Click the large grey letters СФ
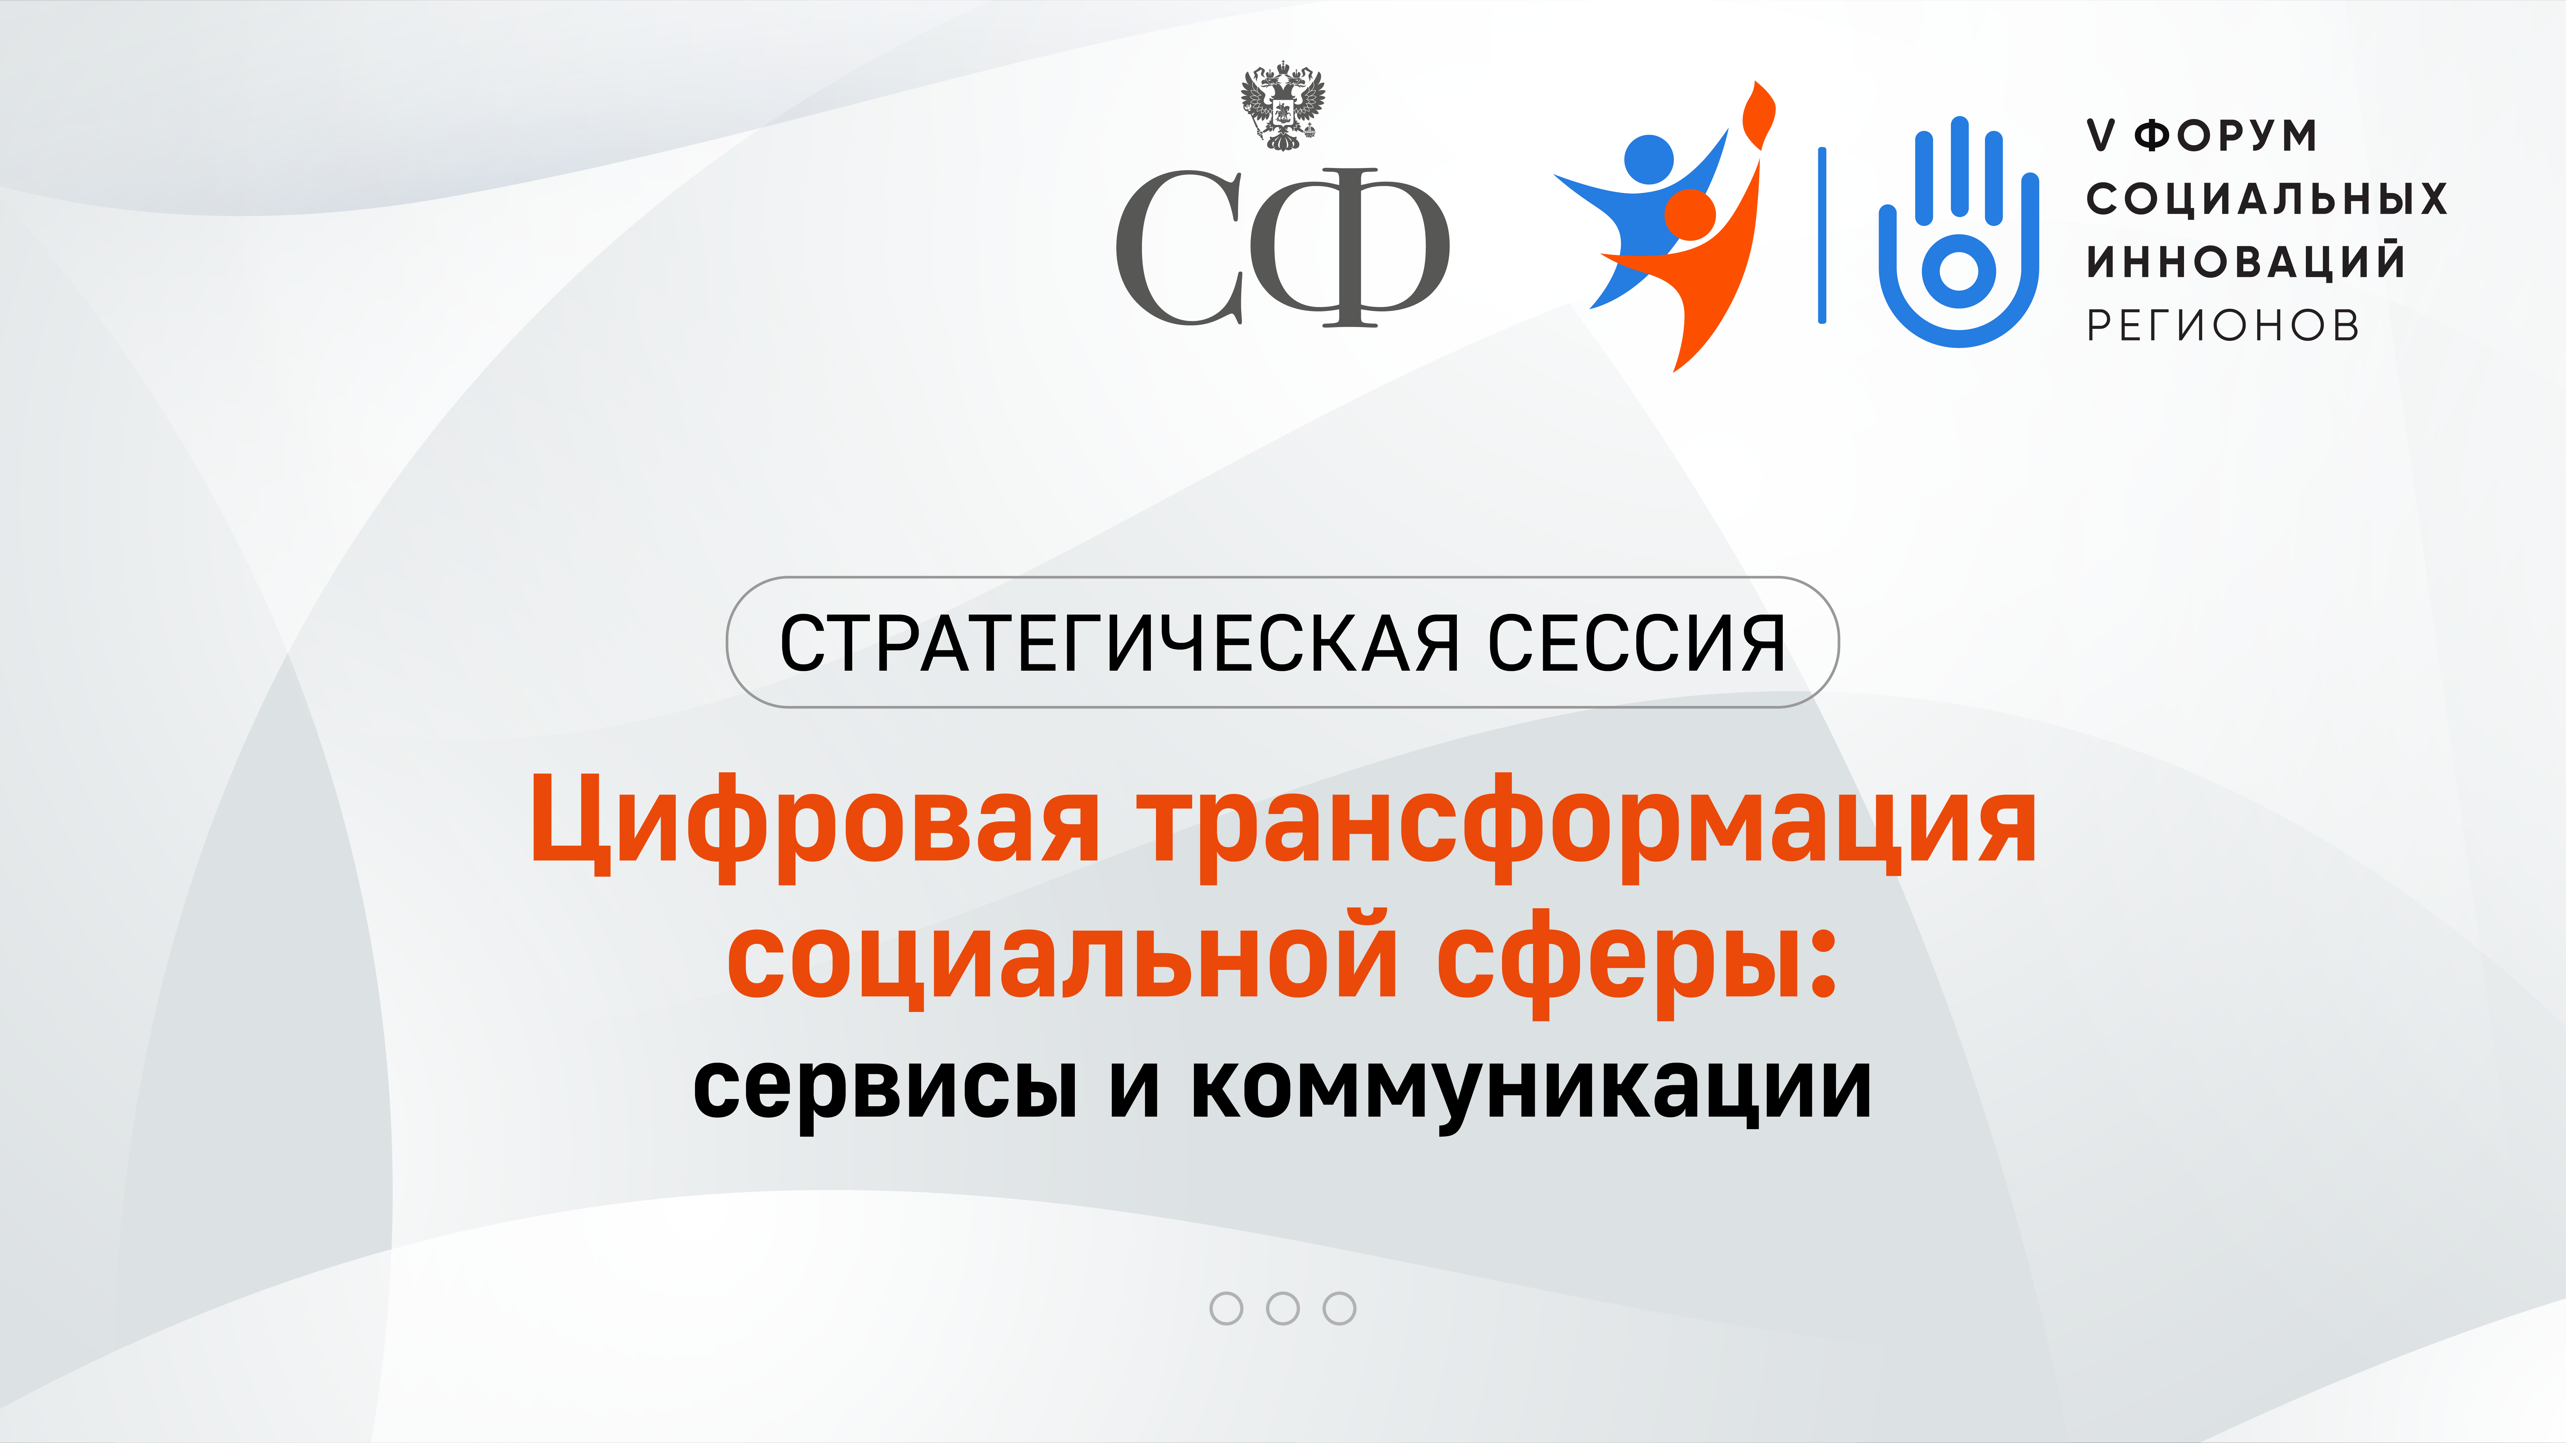[1282, 247]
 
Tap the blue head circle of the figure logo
[1650, 159]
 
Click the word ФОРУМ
[2225, 135]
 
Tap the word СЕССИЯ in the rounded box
[1636, 643]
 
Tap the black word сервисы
[886, 1087]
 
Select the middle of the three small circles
[1283, 1309]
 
